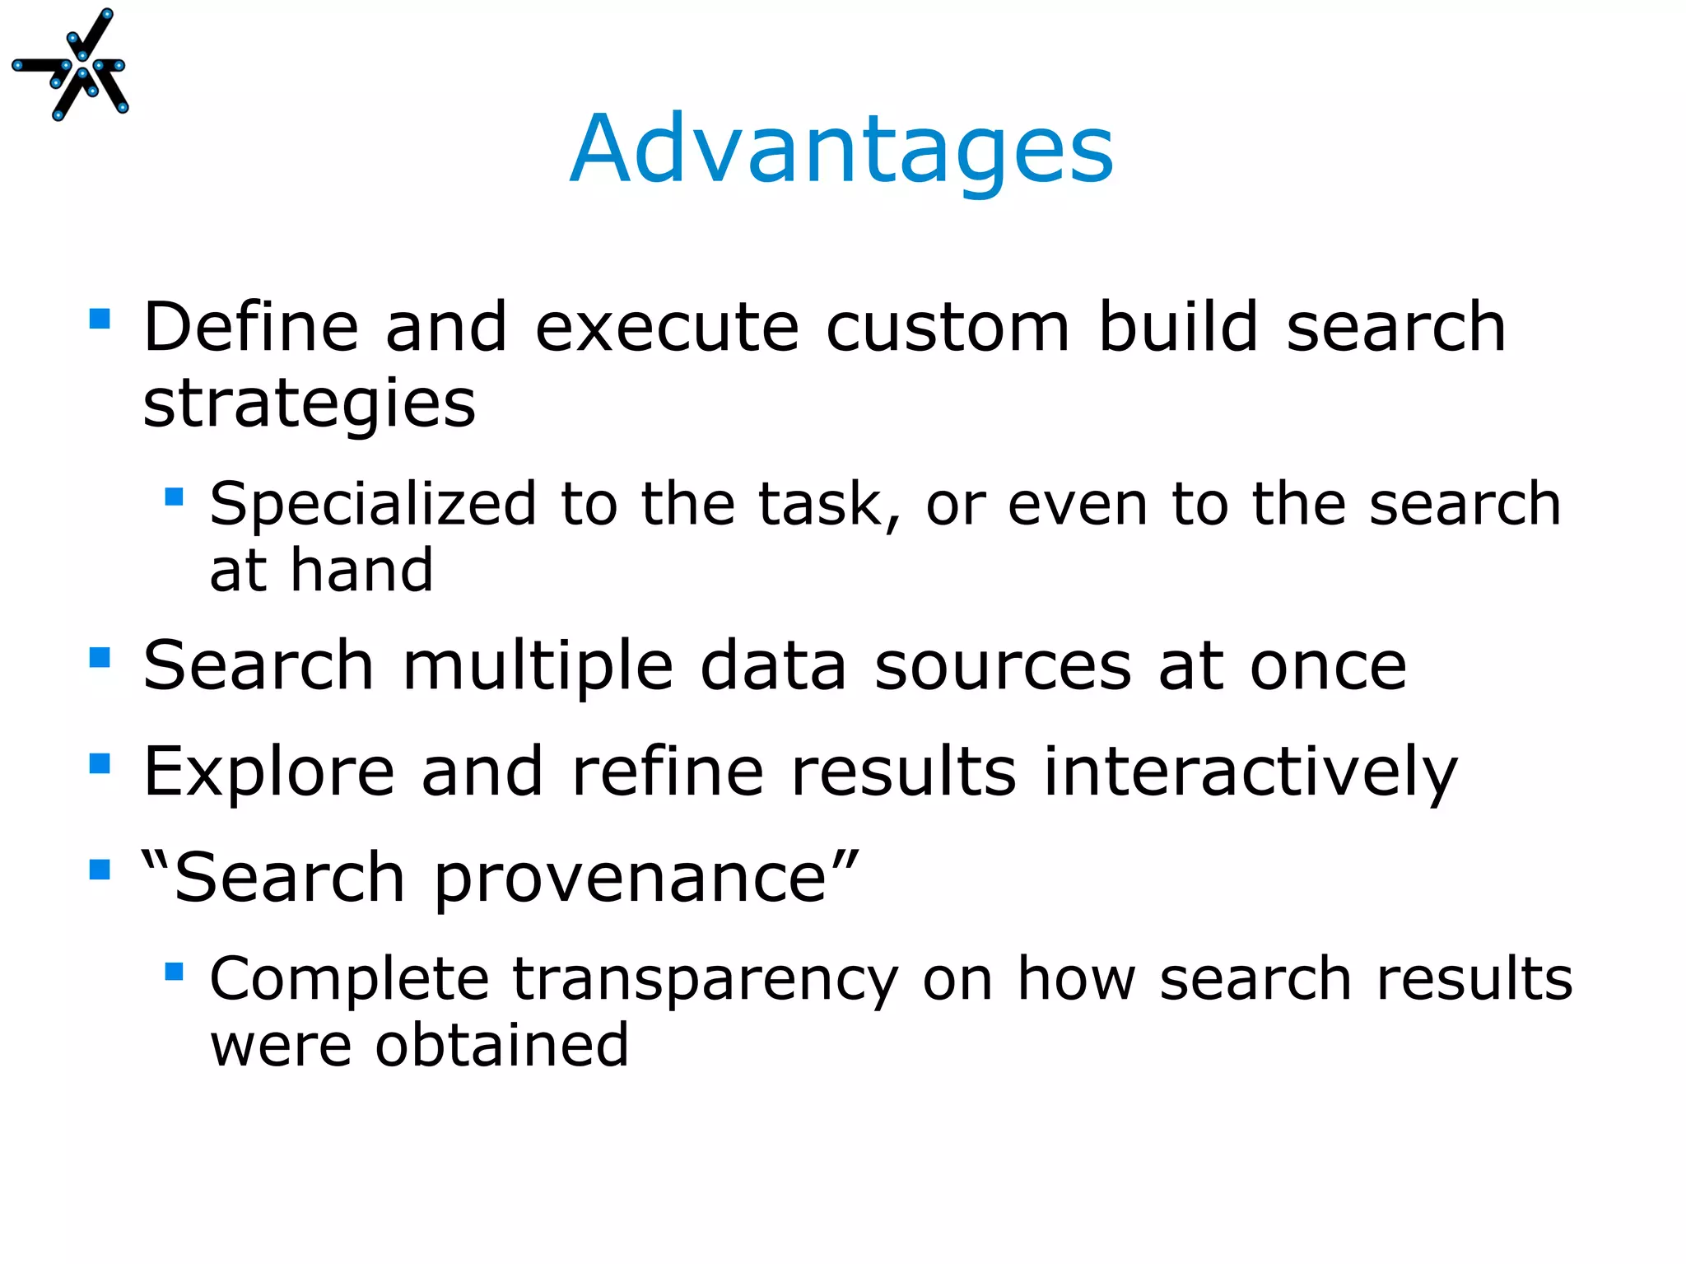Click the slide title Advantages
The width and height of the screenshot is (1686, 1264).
[x=841, y=150]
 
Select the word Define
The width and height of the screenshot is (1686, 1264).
[x=251, y=328]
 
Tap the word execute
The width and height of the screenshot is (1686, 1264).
[x=667, y=328]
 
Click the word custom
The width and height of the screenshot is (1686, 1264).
[x=948, y=328]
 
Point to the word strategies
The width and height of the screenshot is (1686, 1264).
[x=309, y=405]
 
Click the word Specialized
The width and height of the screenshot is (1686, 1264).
[x=373, y=504]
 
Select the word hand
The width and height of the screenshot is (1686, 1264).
[x=361, y=570]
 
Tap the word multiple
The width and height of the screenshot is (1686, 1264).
[x=538, y=667]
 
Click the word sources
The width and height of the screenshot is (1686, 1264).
[x=1003, y=667]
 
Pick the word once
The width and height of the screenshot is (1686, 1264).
[x=1328, y=667]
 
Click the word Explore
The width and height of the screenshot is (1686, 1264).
[x=268, y=772]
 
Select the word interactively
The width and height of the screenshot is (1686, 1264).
[x=1251, y=772]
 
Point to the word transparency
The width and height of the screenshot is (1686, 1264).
[x=705, y=979]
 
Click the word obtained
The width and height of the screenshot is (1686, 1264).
[x=502, y=1045]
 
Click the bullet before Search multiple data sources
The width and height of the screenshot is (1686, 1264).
[x=100, y=657]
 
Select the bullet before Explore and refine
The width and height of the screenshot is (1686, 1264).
[x=100, y=763]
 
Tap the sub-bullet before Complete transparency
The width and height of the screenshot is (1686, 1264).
[x=174, y=972]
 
